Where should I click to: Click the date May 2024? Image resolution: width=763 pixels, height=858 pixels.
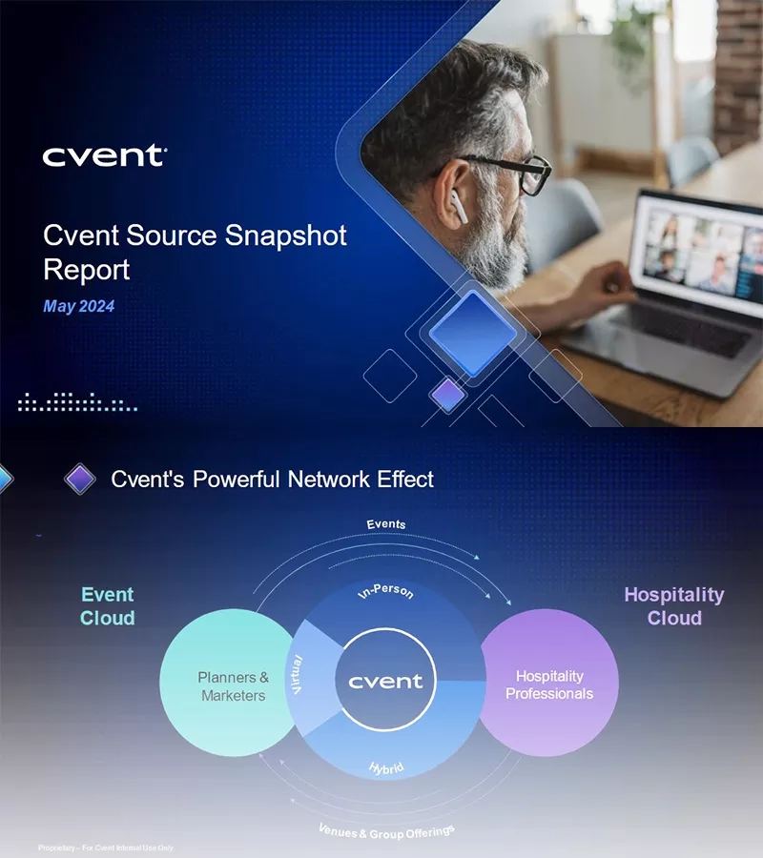(79, 307)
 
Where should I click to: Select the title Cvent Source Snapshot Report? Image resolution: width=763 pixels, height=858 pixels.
(195, 252)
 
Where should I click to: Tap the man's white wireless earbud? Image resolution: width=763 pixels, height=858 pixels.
(458, 208)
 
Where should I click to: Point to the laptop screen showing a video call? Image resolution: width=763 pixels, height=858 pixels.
(701, 247)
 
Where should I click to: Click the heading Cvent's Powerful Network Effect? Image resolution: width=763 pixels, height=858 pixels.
(272, 479)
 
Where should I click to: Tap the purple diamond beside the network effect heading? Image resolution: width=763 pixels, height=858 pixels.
(80, 479)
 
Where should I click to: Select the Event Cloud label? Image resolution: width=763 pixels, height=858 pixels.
(107, 606)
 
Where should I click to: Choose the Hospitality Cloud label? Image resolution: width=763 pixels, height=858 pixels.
(673, 606)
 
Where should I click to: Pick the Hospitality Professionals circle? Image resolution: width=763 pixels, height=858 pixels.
(548, 684)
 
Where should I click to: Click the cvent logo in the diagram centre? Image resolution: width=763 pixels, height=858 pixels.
(385, 681)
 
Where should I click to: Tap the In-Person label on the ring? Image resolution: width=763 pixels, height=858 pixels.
(385, 592)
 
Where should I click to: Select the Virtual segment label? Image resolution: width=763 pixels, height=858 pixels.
(296, 674)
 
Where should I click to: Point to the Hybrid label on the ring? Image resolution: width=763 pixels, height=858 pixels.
(386, 767)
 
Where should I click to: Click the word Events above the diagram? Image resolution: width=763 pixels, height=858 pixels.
(386, 524)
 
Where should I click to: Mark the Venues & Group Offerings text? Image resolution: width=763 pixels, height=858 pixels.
(386, 831)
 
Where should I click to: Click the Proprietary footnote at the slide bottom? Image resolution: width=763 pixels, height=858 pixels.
(106, 848)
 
